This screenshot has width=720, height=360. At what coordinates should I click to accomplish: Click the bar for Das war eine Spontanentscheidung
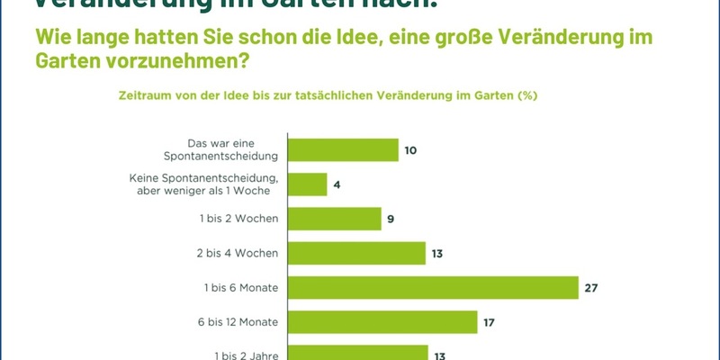343,149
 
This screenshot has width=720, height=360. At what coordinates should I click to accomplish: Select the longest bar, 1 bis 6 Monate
433,287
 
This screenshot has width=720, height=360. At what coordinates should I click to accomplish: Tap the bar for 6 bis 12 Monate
382,321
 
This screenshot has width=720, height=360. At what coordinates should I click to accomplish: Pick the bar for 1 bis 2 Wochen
335,219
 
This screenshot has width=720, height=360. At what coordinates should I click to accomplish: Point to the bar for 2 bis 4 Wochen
356,253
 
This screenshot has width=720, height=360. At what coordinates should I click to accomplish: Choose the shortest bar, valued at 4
308,184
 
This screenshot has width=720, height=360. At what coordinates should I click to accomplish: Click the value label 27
590,288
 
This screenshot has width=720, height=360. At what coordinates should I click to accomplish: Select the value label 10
410,150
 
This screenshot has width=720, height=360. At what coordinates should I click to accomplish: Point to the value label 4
337,184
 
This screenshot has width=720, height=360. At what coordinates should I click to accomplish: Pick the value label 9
391,220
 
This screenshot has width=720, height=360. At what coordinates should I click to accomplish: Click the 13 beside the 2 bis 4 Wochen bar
437,254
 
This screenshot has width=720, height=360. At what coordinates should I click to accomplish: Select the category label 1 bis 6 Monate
239,288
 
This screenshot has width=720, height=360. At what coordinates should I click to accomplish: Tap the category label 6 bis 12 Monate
237,322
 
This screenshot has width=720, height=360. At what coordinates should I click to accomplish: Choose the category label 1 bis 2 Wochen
238,220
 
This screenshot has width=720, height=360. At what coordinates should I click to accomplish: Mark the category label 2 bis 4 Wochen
238,254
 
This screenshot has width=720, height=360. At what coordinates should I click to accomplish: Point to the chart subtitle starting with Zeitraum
328,94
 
